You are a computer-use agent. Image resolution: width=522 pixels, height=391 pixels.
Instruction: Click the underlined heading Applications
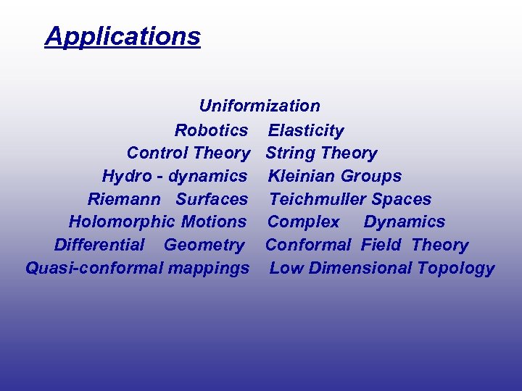tap(123, 35)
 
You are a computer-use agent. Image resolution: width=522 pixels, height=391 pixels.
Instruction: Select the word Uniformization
tap(260, 106)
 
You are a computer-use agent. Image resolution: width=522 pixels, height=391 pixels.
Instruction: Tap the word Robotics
tap(211, 130)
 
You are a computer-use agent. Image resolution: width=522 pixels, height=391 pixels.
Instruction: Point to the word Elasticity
tap(306, 130)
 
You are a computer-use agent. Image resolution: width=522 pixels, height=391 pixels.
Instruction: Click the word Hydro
tap(124, 176)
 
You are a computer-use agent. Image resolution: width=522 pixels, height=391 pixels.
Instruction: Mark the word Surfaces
tap(212, 199)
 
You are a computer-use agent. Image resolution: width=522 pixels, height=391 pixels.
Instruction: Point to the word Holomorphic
tap(122, 222)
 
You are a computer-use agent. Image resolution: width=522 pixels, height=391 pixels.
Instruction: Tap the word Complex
tap(303, 222)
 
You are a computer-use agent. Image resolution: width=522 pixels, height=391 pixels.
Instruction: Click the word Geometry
tap(204, 245)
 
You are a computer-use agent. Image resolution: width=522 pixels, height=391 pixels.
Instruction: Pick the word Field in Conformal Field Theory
tap(381, 245)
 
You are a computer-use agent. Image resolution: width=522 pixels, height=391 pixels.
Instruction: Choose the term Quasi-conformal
tap(94, 268)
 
